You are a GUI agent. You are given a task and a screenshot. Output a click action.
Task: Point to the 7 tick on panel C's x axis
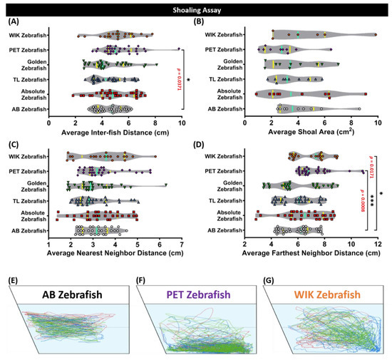coord(181,243)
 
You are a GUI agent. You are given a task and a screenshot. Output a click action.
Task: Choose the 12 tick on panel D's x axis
coord(377,243)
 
